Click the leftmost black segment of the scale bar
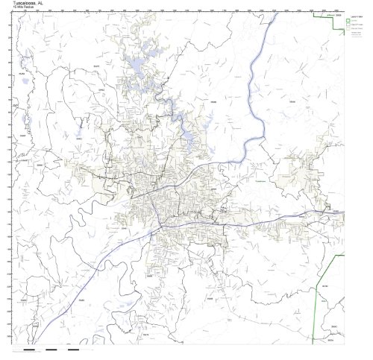point(30,348)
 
